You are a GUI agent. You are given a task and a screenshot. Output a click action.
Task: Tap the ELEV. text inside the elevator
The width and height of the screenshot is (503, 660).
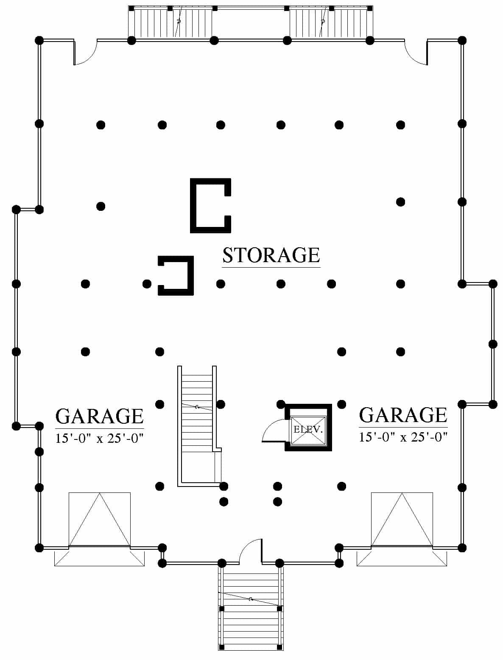pyautogui.click(x=308, y=429)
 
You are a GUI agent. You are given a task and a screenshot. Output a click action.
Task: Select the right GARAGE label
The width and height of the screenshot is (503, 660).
pyautogui.click(x=403, y=415)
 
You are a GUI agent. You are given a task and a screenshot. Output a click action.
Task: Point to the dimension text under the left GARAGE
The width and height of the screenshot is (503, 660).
pyautogui.click(x=100, y=439)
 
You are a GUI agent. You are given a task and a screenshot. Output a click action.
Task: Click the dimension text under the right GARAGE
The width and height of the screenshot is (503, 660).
pyautogui.click(x=403, y=437)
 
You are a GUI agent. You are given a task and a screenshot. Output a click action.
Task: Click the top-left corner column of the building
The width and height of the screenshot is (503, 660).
pyautogui.click(x=39, y=40)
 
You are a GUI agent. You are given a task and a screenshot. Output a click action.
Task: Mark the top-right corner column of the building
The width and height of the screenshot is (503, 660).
pyautogui.click(x=462, y=40)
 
